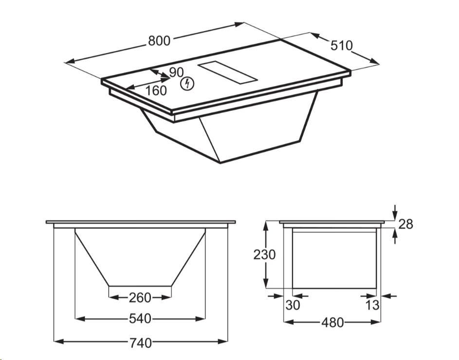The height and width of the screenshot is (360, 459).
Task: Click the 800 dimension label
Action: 159,41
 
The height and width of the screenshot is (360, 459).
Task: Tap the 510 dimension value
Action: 342,46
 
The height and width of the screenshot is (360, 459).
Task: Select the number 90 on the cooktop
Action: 176,72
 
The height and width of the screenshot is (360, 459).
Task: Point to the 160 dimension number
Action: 156,90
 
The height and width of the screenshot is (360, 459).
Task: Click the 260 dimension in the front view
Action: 140,298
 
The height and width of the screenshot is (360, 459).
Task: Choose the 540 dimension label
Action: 140,319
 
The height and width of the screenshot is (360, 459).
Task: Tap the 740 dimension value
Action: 141,343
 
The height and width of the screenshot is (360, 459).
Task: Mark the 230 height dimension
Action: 264,254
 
